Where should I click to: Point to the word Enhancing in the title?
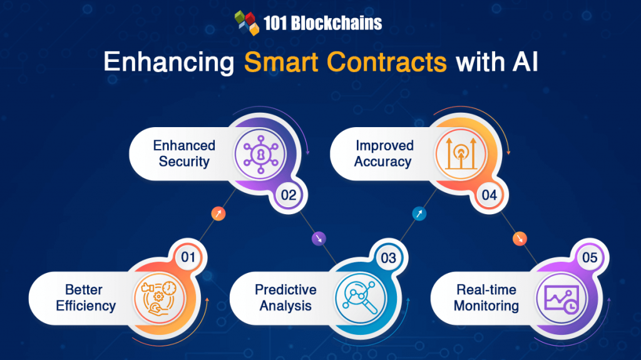[x=168, y=63]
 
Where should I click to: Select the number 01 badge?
[x=188, y=257]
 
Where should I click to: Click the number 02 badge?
[x=289, y=195]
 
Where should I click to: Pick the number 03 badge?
[x=388, y=257]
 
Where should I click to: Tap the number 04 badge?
[x=490, y=195]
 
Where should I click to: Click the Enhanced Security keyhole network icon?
[x=259, y=153]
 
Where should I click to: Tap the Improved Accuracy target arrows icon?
[x=460, y=153]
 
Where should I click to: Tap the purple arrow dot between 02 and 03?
[x=318, y=238]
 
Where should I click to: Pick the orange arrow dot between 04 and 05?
[x=520, y=238]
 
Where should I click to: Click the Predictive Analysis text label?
[x=285, y=297]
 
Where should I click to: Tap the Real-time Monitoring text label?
[x=486, y=297]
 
